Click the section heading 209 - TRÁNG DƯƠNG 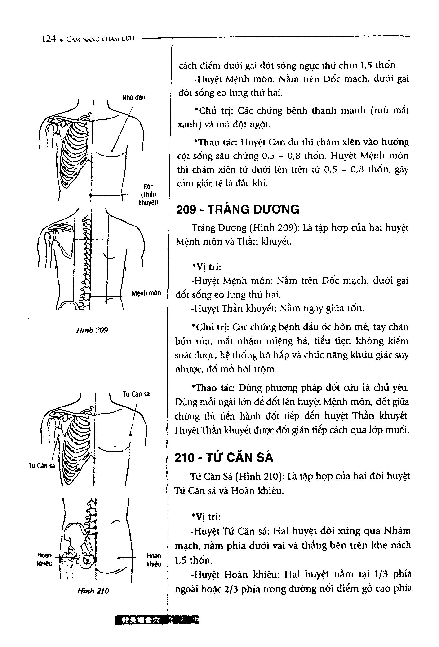click(238, 209)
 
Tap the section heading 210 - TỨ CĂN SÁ click(224, 458)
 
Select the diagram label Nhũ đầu click(133, 97)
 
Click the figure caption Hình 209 click(92, 330)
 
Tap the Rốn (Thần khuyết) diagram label click(148, 194)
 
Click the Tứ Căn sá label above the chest click(136, 394)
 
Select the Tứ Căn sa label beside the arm click(42, 466)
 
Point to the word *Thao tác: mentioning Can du click(215, 142)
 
